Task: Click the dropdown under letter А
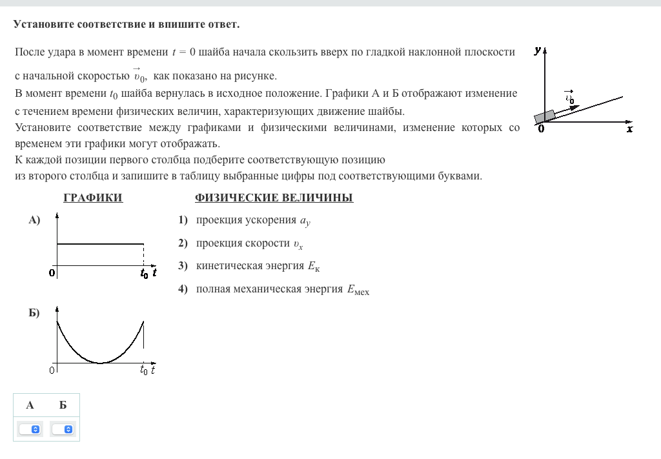pos(30,429)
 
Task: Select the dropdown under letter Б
pos(63,429)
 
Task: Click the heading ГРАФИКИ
pos(93,198)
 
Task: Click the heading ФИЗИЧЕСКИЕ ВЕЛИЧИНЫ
pos(274,198)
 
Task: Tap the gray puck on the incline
pos(545,116)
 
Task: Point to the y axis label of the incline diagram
pos(538,50)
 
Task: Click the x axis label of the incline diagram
pos(630,129)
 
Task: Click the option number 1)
pos(183,220)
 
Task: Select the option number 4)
pos(183,289)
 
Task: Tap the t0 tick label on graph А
pos(144,274)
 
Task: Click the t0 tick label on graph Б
pos(144,371)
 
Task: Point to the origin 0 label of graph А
pos(52,273)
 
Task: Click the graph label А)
pos(34,220)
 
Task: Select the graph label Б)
pos(34,313)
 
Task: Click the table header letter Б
pos(63,405)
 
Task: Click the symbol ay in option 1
pos(305,221)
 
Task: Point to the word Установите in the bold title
pos(43,25)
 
